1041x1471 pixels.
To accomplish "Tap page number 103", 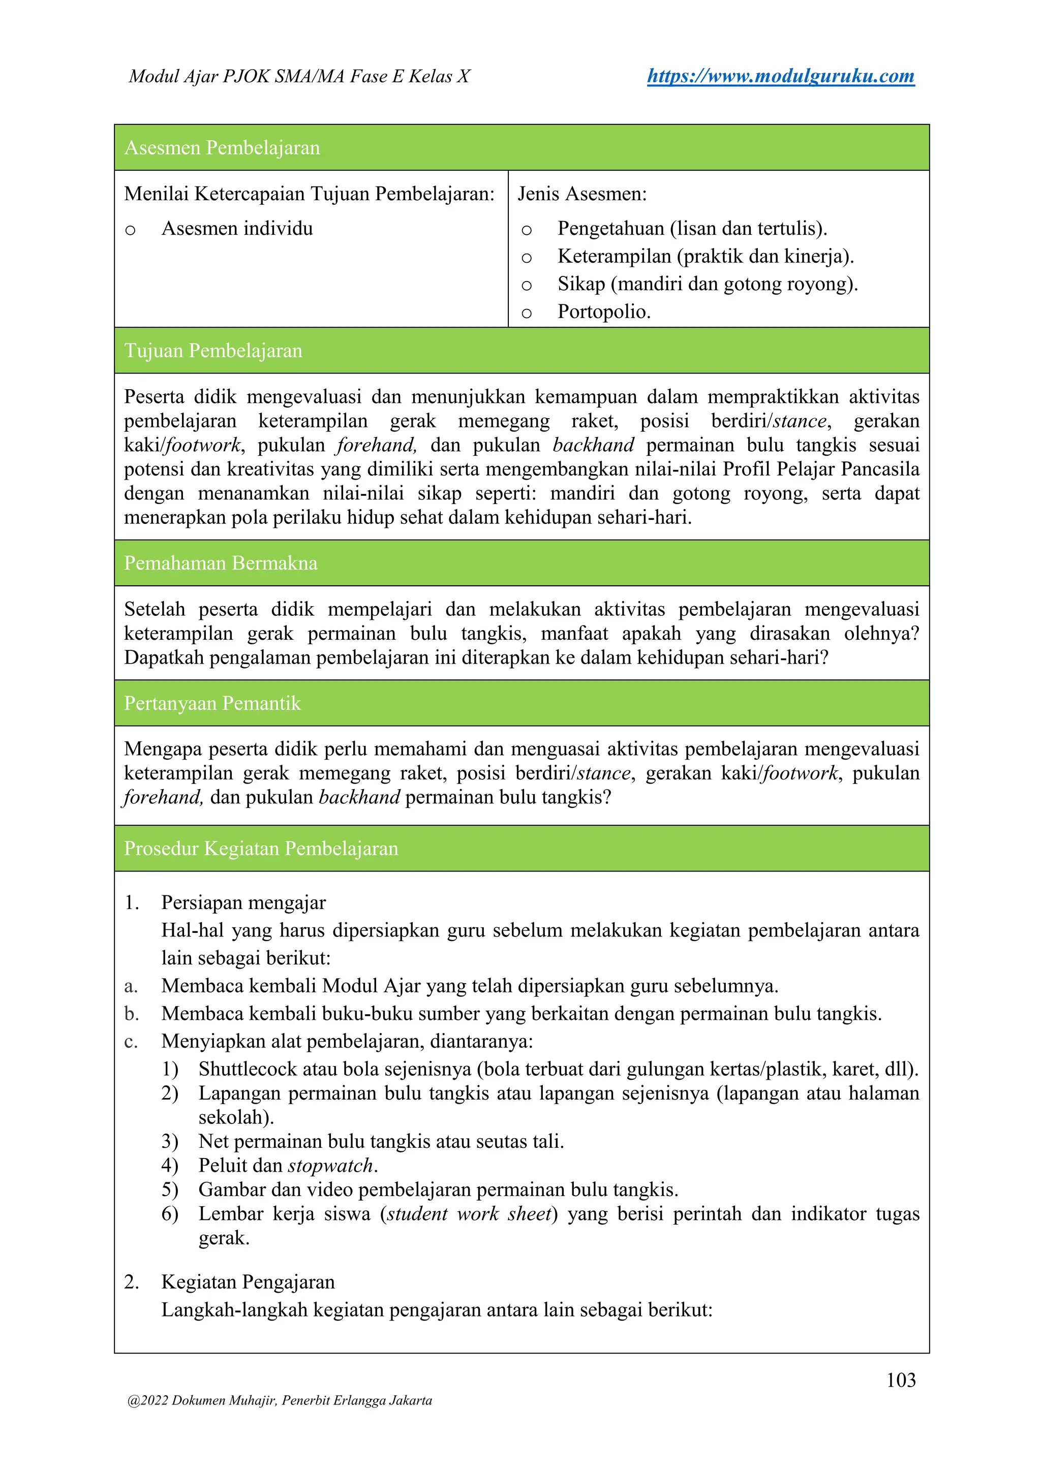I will (x=901, y=1380).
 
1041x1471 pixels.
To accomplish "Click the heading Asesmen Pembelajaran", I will (x=222, y=147).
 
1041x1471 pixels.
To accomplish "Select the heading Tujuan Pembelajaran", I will (x=213, y=351).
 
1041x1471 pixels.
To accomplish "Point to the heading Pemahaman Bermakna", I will (x=221, y=562).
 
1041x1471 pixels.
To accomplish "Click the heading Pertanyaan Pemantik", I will (x=212, y=703).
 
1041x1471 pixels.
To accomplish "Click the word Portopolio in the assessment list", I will (x=603, y=311).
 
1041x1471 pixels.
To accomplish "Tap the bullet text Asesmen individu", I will (x=237, y=228).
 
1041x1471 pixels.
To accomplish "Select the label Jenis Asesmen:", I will (x=582, y=194).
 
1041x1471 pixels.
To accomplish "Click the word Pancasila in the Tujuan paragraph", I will (x=879, y=469).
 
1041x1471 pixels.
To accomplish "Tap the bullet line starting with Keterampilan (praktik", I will (x=705, y=256).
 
